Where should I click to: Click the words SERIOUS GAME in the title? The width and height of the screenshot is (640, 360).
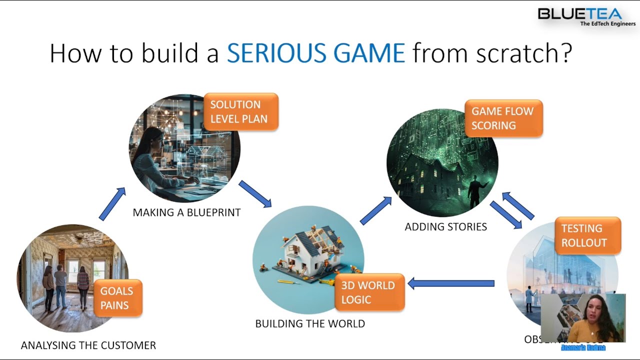pyautogui.click(x=315, y=53)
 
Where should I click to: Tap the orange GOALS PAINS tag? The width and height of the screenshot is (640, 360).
pyautogui.click(x=116, y=298)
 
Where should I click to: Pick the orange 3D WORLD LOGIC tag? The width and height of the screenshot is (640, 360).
pyautogui.click(x=368, y=292)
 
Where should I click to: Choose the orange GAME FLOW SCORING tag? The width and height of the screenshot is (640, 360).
pyautogui.click(x=502, y=118)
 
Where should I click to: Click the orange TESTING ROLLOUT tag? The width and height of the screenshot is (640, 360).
pyautogui.click(x=587, y=235)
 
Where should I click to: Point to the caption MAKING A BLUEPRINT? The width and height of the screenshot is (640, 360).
pyautogui.click(x=186, y=212)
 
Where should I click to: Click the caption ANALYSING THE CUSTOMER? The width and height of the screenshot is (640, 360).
pyautogui.click(x=88, y=345)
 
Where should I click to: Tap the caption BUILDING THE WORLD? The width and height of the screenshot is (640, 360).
pyautogui.click(x=310, y=323)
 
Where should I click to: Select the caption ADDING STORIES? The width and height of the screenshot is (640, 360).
pyautogui.click(x=445, y=227)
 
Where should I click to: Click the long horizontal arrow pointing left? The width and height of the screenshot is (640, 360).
pyautogui.click(x=451, y=283)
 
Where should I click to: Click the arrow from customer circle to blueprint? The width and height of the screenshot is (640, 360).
pyautogui.click(x=112, y=204)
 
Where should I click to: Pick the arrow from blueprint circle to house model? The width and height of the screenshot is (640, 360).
pyautogui.click(x=255, y=194)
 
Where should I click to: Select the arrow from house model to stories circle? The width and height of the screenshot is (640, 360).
pyautogui.click(x=375, y=210)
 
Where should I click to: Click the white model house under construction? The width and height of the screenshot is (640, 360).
pyautogui.click(x=307, y=250)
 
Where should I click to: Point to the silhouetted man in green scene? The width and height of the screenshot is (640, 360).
pyautogui.click(x=475, y=192)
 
